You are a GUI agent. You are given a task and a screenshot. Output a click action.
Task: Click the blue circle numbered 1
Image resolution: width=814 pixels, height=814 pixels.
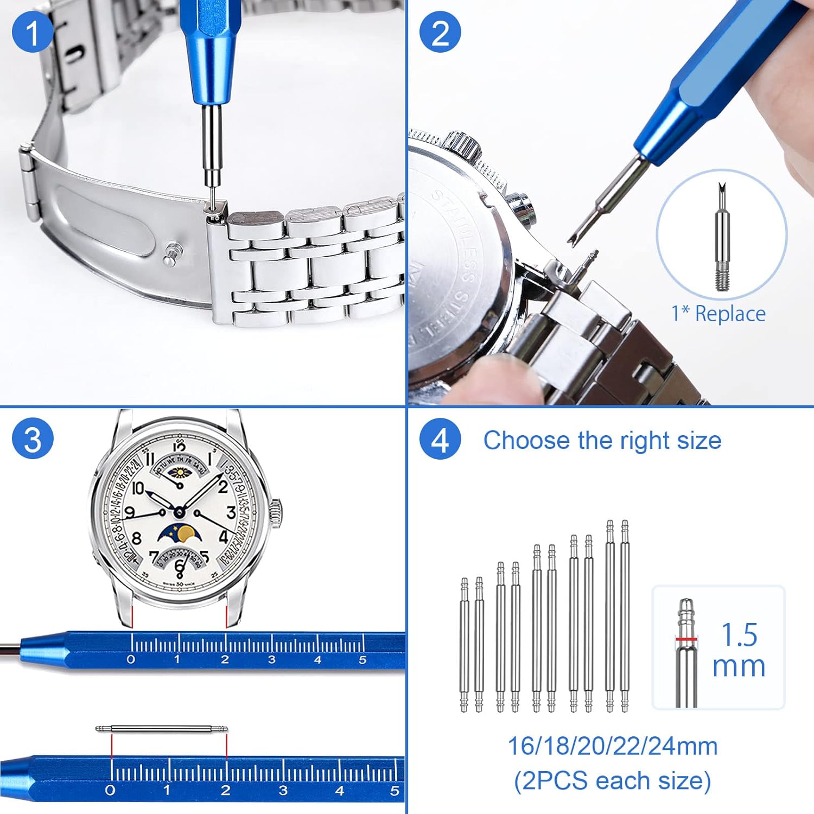pyautogui.click(x=33, y=33)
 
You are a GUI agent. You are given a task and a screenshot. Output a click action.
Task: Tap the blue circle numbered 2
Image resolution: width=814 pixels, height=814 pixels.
pyautogui.click(x=440, y=33)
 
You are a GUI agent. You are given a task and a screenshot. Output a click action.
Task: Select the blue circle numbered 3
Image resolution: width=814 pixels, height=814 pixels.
pyautogui.click(x=33, y=439)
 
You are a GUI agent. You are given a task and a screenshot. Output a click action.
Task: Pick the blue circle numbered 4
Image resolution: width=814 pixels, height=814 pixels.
pyautogui.click(x=440, y=440)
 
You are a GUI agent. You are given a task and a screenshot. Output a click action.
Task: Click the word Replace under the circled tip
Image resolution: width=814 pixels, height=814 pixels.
pyautogui.click(x=730, y=314)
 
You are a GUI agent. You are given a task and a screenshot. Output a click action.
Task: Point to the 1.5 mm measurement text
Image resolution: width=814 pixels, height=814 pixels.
pyautogui.click(x=739, y=650)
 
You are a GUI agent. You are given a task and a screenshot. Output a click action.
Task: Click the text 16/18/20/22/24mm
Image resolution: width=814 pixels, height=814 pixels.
pyautogui.click(x=612, y=746)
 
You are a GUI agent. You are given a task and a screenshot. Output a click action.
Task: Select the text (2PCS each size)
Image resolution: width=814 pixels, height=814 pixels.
pyautogui.click(x=612, y=781)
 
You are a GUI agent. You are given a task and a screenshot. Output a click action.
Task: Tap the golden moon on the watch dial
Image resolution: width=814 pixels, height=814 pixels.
pyautogui.click(x=186, y=533)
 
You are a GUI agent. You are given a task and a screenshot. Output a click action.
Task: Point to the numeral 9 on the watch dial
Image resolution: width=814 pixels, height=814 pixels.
pyautogui.click(x=130, y=512)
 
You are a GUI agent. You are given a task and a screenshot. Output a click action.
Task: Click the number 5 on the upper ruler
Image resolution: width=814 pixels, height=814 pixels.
pyautogui.click(x=363, y=660)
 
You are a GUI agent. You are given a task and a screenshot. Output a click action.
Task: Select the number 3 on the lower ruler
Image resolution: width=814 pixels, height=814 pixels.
pyautogui.click(x=283, y=790)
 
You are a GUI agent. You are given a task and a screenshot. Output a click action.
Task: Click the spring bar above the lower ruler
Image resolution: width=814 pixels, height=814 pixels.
pyautogui.click(x=162, y=729)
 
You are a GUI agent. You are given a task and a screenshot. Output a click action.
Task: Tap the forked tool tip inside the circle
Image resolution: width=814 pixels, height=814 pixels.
pyautogui.click(x=721, y=193)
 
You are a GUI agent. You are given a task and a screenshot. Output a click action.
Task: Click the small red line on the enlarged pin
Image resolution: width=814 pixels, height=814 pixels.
pyautogui.click(x=686, y=639)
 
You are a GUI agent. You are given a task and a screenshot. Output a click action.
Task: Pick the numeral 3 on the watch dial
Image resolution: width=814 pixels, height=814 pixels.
pyautogui.click(x=231, y=512)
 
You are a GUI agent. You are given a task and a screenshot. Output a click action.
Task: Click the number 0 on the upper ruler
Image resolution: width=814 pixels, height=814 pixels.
pyautogui.click(x=131, y=660)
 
